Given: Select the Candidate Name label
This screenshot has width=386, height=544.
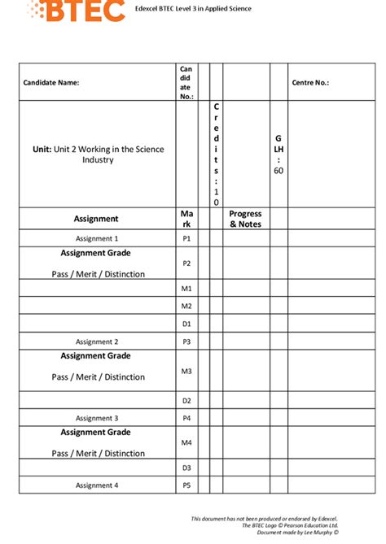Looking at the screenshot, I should coord(51,82).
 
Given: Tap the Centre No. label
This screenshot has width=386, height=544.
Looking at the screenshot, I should coord(310,82).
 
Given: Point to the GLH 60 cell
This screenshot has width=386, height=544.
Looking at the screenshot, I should coord(279,154).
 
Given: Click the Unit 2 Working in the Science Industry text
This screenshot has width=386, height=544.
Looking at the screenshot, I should coord(97,154).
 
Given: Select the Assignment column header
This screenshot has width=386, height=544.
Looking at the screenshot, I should coord(96,219).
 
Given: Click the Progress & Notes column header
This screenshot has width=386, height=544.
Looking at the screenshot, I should coord(245,219).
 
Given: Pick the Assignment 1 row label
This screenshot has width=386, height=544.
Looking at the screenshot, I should coord(97,239).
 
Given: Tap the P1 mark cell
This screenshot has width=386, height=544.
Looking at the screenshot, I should coord(186,239).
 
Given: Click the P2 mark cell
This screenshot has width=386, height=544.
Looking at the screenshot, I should coord(186,263).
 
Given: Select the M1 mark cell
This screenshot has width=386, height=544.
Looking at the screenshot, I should coord(186,289).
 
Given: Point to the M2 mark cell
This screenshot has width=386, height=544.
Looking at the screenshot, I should coord(186,306).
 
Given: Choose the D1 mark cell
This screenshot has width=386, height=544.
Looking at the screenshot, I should coord(186,324).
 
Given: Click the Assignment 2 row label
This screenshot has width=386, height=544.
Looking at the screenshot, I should coord(97,342).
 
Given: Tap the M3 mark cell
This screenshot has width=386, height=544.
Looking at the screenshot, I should coord(186,371).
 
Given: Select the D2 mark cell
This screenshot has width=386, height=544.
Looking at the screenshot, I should coord(186,401).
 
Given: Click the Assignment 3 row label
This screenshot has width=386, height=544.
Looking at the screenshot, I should coord(97,418).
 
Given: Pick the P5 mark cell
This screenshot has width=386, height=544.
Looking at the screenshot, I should coord(186,485).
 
